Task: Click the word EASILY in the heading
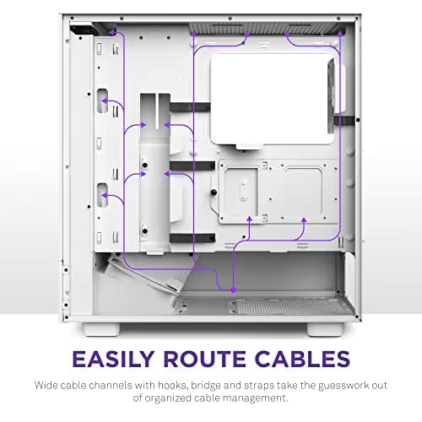tap(113, 359)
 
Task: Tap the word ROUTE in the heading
tap(204, 359)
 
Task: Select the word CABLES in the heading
tap(302, 359)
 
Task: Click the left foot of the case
tap(101, 329)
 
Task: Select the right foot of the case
tap(326, 329)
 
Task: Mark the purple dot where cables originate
tap(233, 289)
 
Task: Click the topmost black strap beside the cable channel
tap(190, 107)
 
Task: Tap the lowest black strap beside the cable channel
tap(192, 238)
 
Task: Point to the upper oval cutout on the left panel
tap(102, 100)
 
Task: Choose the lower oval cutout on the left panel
tap(102, 195)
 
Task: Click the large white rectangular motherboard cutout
tap(272, 99)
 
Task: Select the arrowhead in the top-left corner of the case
tap(112, 32)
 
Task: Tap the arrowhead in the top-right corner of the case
tap(340, 33)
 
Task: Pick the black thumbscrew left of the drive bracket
tap(214, 192)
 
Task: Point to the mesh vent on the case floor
tap(293, 306)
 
